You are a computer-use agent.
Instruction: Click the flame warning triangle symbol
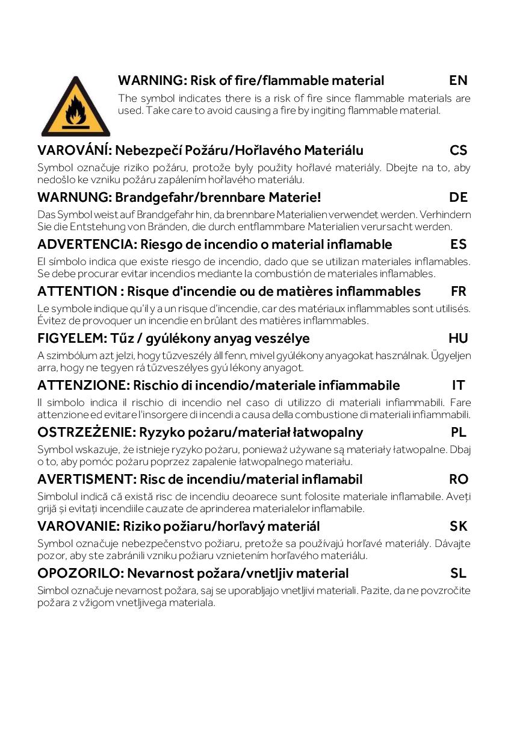76,108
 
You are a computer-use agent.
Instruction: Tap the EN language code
458,80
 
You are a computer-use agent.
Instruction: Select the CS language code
458,150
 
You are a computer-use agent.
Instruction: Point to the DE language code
458,197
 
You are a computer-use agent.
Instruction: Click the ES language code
458,244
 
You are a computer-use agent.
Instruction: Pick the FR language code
458,291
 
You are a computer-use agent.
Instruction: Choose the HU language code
458,338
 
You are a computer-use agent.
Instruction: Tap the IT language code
458,385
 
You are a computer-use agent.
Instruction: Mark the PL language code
458,432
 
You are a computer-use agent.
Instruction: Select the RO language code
458,479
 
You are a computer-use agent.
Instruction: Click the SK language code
458,526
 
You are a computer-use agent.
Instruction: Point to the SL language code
458,573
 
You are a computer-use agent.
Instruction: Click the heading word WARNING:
153,80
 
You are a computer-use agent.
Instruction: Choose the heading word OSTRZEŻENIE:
86,432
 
